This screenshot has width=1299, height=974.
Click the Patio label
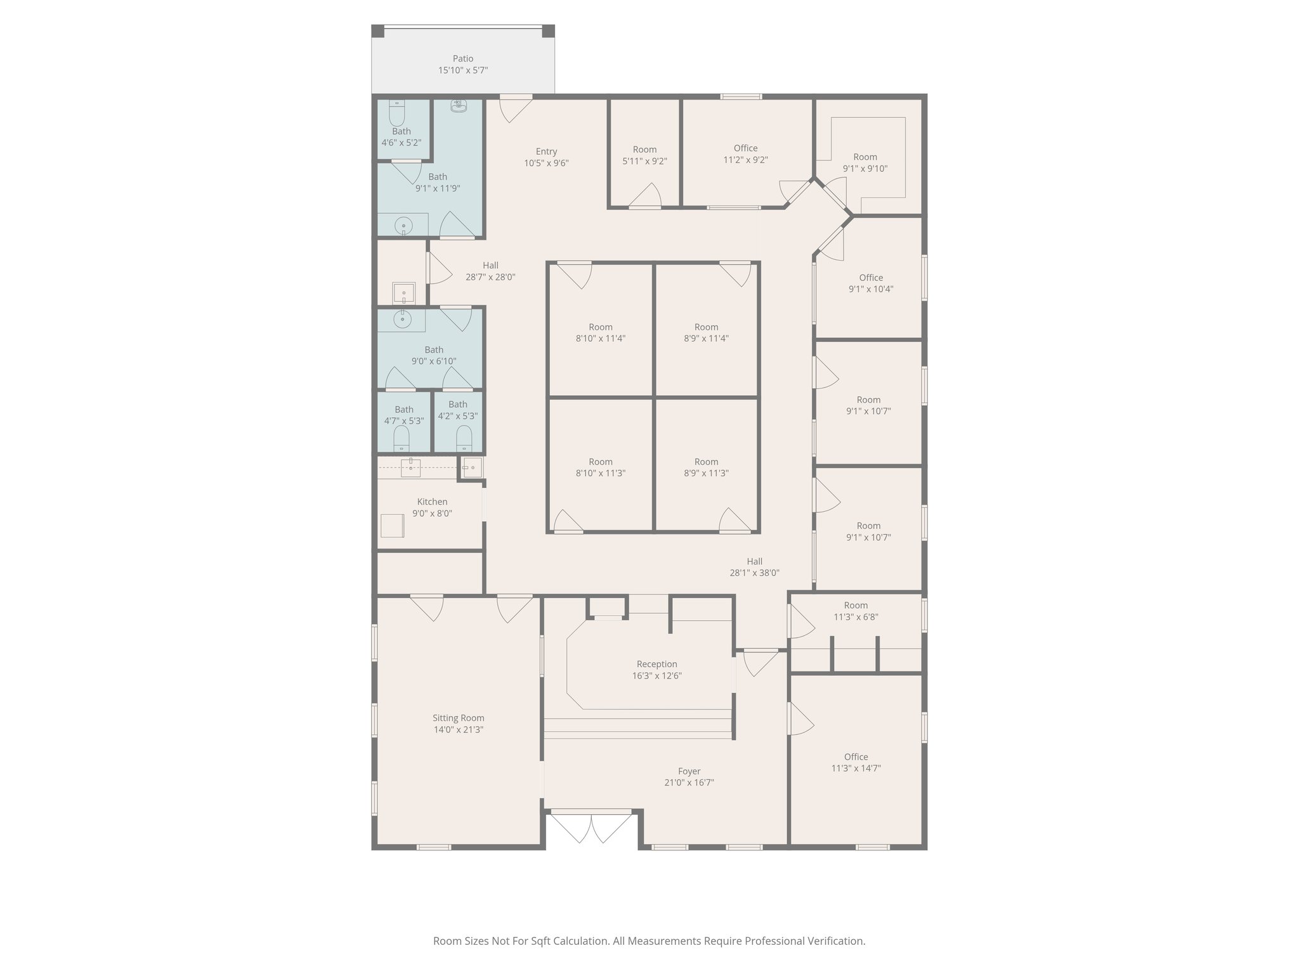[x=462, y=58]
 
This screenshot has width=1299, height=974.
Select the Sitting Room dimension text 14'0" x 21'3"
[x=458, y=730]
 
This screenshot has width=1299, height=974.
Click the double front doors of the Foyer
[x=591, y=828]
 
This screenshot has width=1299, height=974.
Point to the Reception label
[x=656, y=664]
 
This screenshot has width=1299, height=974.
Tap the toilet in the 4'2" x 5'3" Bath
[x=464, y=438]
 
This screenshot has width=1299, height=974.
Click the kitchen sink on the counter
[x=410, y=467]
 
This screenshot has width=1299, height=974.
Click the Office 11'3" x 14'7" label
[x=856, y=756]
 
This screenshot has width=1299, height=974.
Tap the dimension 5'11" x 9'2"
[x=644, y=162]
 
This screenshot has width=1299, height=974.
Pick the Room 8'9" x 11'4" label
[x=706, y=327]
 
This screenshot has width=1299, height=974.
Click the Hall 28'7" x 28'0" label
[x=490, y=266]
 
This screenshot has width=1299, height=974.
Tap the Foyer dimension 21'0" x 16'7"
[x=689, y=782]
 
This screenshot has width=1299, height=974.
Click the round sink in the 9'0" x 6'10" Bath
[x=402, y=319]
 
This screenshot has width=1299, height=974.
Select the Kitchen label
[x=432, y=502]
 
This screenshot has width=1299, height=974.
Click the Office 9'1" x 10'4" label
[x=871, y=278]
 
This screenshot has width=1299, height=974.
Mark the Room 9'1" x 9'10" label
[x=865, y=157]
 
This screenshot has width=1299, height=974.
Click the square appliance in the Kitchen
[x=392, y=525]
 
